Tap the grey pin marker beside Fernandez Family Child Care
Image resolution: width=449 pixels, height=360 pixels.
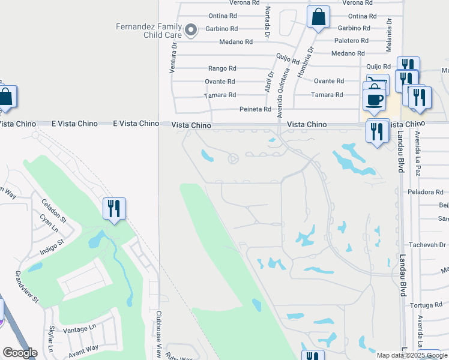pos(191,29)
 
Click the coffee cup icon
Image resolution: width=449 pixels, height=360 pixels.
pos(375,99)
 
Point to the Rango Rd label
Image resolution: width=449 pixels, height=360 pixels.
pos(222,69)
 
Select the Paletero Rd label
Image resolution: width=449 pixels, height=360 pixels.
pos(352,41)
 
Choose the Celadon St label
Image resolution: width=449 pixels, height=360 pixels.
pos(53,214)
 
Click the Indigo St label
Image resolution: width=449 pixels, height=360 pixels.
pos(52,245)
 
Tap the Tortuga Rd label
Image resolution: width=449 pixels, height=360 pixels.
pos(426,305)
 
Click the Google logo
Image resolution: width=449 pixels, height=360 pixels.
pos(20,353)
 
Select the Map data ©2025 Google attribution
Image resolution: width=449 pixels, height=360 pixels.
pos(411,355)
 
